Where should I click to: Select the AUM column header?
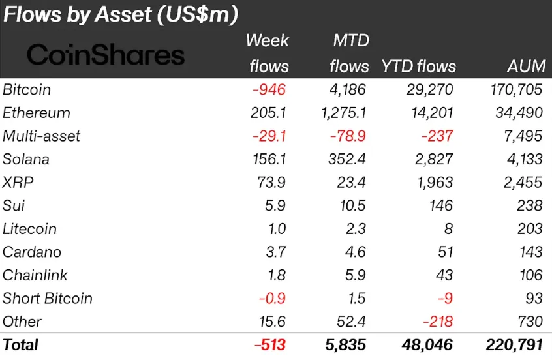tap(525, 67)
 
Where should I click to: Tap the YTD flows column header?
tap(419, 67)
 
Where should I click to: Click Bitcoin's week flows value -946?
tap(269, 89)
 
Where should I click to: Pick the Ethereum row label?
tap(37, 113)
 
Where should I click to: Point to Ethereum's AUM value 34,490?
tap(515, 113)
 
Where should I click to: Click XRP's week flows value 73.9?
tap(271, 183)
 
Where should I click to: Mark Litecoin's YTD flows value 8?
tap(448, 229)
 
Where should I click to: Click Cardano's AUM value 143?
tap(527, 252)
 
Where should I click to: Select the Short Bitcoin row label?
tap(48, 299)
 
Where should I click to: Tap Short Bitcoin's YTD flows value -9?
tap(444, 299)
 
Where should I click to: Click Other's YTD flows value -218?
tap(435, 322)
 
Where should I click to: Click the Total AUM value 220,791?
tap(511, 345)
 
